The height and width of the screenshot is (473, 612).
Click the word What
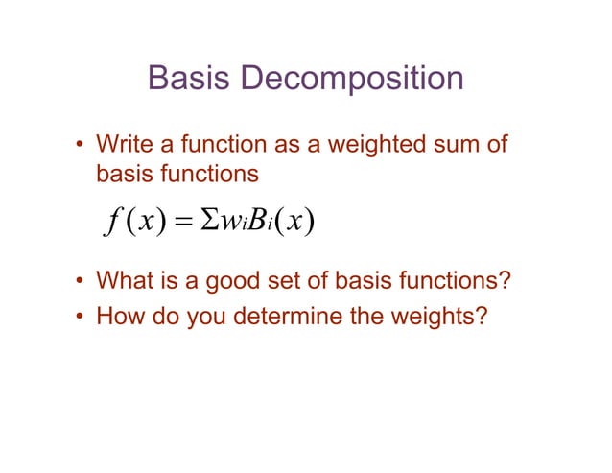click(x=125, y=285)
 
